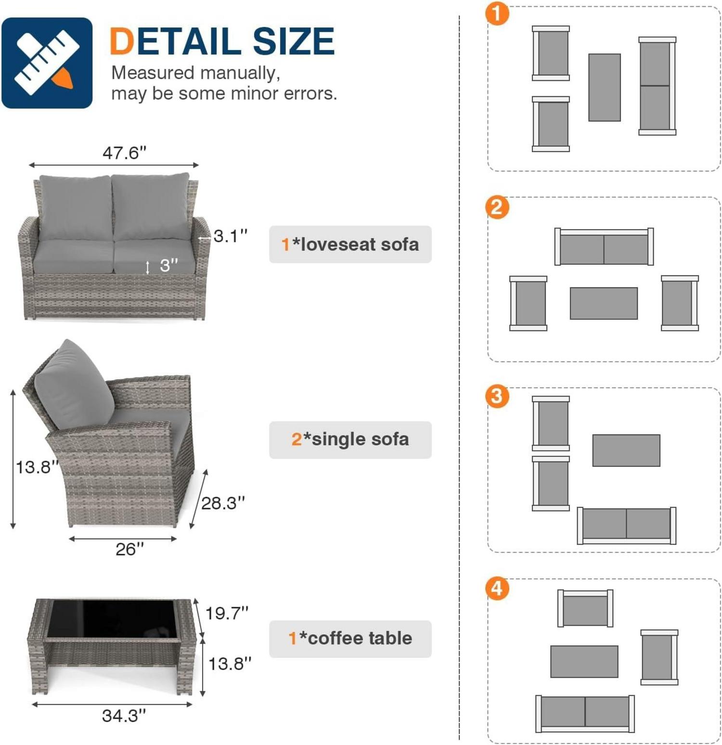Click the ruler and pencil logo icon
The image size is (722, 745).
click(x=47, y=63)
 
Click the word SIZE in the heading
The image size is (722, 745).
click(x=294, y=41)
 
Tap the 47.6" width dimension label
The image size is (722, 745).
click(x=124, y=153)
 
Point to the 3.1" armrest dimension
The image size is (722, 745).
click(x=231, y=236)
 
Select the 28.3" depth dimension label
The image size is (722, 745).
click(x=223, y=503)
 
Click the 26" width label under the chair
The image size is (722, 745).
click(x=129, y=549)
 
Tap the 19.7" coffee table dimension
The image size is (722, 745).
click(x=227, y=613)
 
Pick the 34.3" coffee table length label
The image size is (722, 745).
click(x=124, y=716)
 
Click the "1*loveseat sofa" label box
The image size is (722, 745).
click(x=350, y=244)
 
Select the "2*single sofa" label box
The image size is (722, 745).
click(x=350, y=439)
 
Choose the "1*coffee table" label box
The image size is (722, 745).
click(x=350, y=639)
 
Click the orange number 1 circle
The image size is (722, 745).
click(x=497, y=13)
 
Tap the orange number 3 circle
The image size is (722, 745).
click(x=497, y=397)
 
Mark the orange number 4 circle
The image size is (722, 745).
click(x=497, y=588)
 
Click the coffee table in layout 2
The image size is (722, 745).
click(x=604, y=303)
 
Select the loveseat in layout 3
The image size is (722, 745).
click(x=626, y=526)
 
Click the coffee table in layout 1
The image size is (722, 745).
click(x=605, y=87)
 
